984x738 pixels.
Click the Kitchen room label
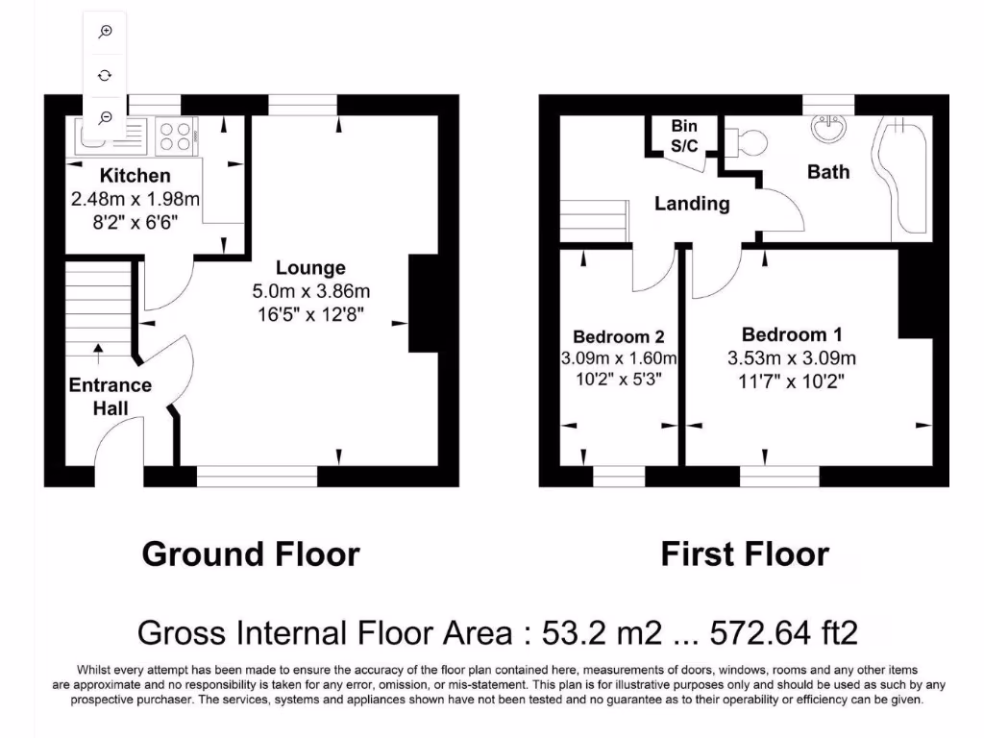click(135, 176)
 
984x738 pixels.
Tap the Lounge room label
click(310, 268)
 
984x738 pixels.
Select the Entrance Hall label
click(110, 396)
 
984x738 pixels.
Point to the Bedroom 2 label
click(618, 337)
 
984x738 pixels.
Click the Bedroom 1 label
click(792, 335)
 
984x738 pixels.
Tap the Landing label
click(692, 204)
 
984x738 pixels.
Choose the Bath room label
click(828, 172)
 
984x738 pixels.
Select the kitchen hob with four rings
click(174, 135)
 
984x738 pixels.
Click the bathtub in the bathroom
click(902, 173)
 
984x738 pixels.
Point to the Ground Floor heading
click(251, 554)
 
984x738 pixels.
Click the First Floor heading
click(745, 554)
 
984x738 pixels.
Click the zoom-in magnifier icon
click(106, 32)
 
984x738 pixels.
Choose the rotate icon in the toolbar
click(106, 74)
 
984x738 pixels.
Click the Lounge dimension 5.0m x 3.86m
click(310, 291)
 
